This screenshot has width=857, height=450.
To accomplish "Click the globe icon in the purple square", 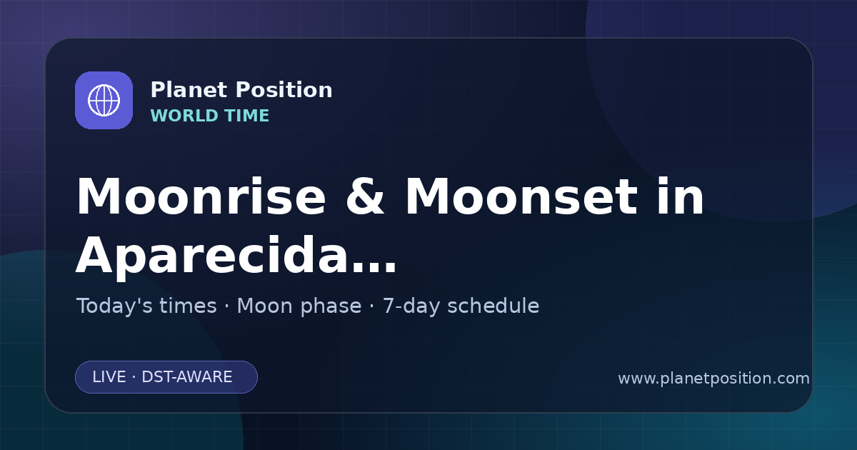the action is (104, 100).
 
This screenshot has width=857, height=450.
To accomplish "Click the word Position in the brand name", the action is (284, 90).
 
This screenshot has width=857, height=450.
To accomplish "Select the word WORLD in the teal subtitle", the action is (184, 116).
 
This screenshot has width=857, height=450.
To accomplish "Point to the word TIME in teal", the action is (247, 116).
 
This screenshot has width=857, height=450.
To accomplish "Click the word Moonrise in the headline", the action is (201, 196).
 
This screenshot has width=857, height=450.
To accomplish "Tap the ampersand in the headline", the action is (365, 196).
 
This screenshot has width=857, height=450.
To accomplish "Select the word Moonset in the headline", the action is (521, 196).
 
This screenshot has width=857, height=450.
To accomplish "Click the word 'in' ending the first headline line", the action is (681, 196).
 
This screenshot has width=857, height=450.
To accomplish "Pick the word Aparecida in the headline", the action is (211, 256).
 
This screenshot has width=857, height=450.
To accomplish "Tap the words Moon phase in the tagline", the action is (299, 306).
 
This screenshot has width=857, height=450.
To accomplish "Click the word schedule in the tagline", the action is (493, 306).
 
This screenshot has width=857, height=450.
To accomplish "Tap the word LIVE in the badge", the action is (109, 377).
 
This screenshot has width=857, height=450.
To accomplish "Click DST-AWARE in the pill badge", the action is (186, 377).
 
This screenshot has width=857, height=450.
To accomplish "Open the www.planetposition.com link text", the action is (714, 379).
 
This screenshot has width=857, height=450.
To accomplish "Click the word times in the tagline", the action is (188, 306).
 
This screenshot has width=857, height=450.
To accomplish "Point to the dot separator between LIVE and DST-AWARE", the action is (134, 377).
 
